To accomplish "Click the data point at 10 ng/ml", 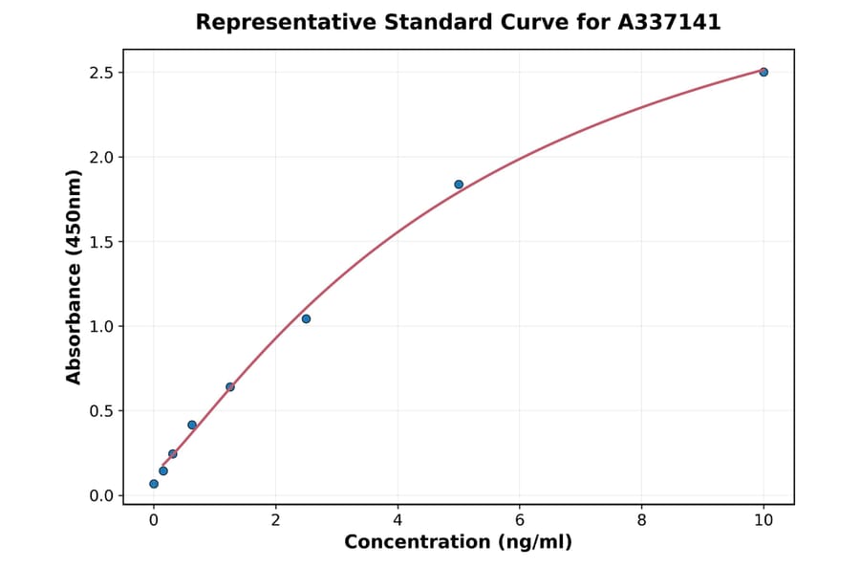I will point(763,72).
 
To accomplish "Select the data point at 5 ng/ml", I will point(459,185).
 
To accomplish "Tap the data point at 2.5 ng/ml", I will point(306,318).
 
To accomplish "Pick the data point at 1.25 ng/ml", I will point(230,386).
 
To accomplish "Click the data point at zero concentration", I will point(154,484).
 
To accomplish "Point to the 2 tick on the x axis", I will point(275,520).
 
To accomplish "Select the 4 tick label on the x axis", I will point(398,520).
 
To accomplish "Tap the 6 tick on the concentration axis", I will point(519,520).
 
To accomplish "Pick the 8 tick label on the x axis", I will point(641,520).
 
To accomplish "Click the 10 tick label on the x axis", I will point(763,520).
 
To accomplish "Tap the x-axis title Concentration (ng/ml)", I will point(458,542).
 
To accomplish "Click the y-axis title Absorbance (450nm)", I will point(75,276).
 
